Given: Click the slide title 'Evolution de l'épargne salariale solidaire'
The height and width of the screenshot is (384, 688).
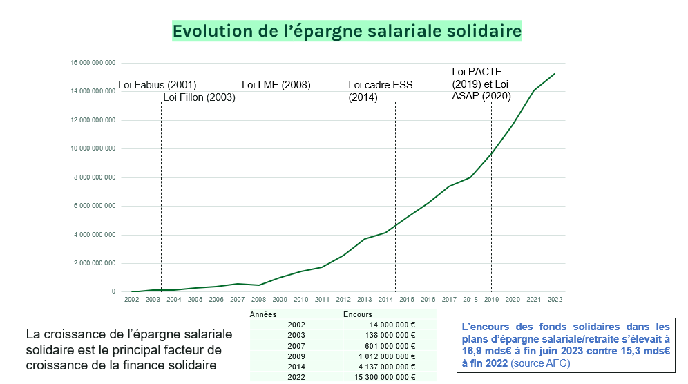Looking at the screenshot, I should (347, 32).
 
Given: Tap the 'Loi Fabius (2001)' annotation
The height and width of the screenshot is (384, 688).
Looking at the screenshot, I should (157, 85).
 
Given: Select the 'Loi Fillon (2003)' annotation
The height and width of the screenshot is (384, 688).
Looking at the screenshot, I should (200, 97).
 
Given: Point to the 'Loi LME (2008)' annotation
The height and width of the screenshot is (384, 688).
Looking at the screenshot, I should (276, 85).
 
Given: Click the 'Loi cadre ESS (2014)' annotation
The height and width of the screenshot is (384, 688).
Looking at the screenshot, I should (380, 91).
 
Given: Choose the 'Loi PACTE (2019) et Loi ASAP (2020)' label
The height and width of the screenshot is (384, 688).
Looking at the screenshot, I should (481, 84).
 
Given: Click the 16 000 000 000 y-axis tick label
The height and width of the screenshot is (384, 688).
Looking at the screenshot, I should (93, 63).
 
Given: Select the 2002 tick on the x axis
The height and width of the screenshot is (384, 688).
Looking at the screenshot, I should (131, 300).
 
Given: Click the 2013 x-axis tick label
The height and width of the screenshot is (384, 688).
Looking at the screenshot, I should (364, 300).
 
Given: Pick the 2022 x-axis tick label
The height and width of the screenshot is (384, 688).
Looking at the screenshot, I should (555, 300).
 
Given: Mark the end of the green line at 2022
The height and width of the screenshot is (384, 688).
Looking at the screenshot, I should (555, 73).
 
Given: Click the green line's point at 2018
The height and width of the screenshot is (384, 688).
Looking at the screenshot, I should (470, 177).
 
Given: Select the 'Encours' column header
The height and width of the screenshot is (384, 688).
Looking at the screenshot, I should (357, 314).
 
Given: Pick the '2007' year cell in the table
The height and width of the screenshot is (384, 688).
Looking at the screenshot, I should (296, 345).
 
